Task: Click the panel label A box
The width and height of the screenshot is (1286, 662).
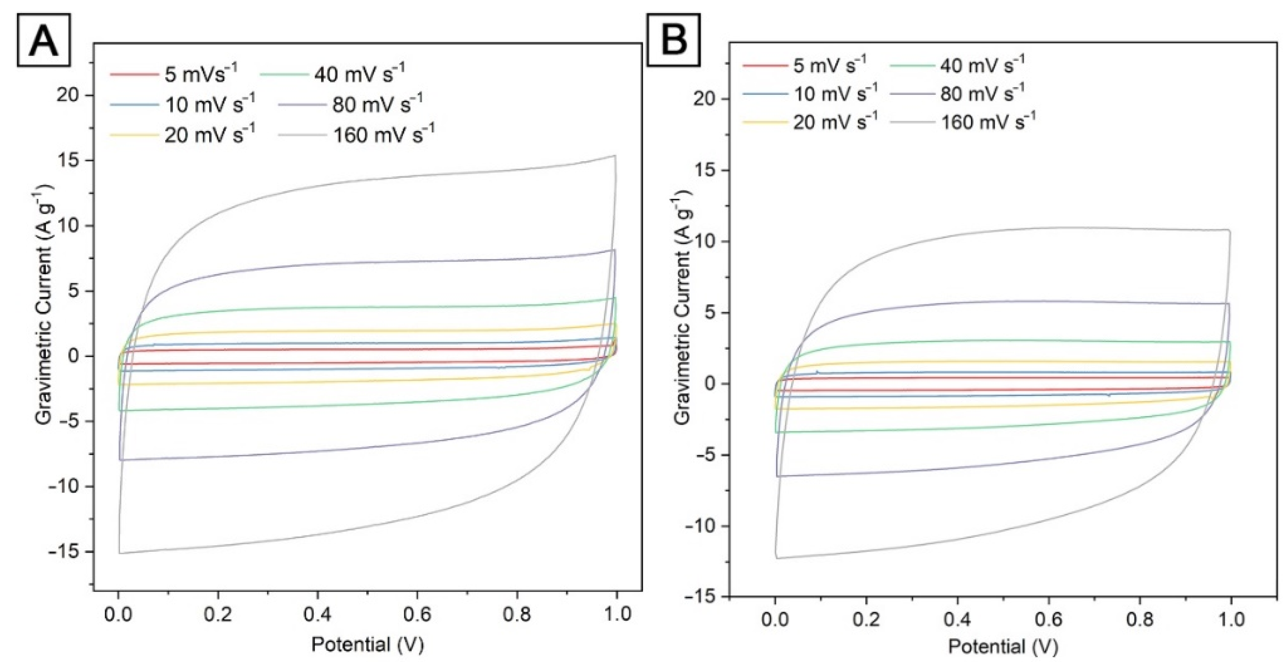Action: tap(44, 40)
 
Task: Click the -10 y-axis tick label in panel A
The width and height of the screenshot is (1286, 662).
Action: tap(64, 486)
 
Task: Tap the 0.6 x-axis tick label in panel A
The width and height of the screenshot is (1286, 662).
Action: tap(417, 615)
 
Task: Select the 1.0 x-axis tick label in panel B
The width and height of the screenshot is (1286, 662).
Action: tap(1231, 620)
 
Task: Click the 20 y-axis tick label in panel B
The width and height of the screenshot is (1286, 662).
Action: tap(705, 99)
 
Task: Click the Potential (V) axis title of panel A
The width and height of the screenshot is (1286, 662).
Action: tap(368, 644)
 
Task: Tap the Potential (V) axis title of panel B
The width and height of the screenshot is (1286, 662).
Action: tap(1004, 647)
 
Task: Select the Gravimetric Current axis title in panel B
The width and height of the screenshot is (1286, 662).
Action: tap(683, 307)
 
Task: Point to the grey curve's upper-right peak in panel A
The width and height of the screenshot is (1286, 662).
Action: tap(616, 156)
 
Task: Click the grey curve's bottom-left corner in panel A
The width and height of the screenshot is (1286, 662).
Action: tap(119, 553)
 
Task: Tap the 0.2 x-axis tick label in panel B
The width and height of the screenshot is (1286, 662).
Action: tap(866, 620)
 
